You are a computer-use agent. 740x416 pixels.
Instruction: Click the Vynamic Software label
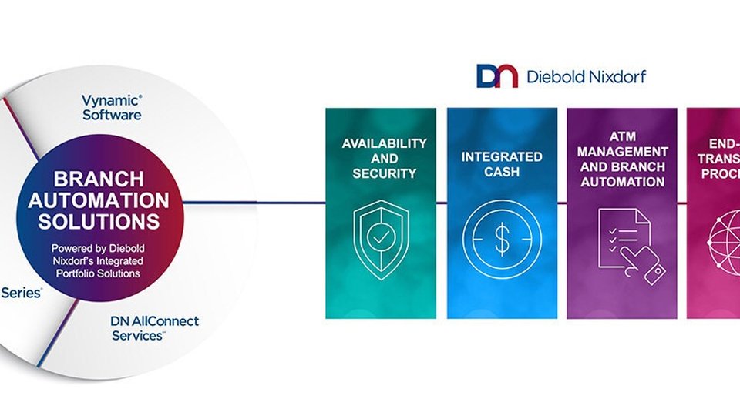112,107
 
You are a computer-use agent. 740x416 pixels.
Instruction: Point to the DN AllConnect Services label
154,328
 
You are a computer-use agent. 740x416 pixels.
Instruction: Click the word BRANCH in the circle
98,179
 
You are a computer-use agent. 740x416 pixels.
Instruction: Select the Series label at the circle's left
21,294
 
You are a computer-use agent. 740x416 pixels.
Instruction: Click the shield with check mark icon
378,238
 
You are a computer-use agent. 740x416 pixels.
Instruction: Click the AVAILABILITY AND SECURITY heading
385,159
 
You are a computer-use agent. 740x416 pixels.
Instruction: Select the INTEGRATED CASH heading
502,164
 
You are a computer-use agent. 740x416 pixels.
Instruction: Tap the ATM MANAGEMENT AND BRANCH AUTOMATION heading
623,160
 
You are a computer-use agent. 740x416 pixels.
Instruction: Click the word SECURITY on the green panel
385,174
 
